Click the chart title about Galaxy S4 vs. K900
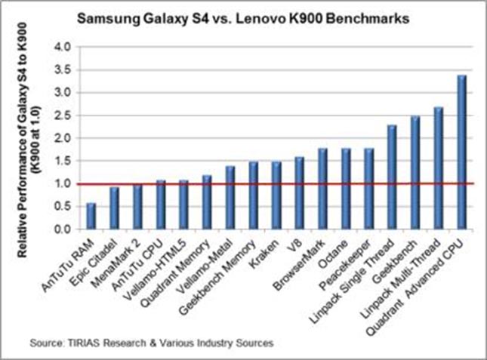tap(244, 20)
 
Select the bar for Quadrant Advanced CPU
tap(461, 152)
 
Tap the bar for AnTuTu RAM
tap(91, 215)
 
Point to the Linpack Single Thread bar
tap(391, 177)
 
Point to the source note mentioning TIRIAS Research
tap(151, 343)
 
